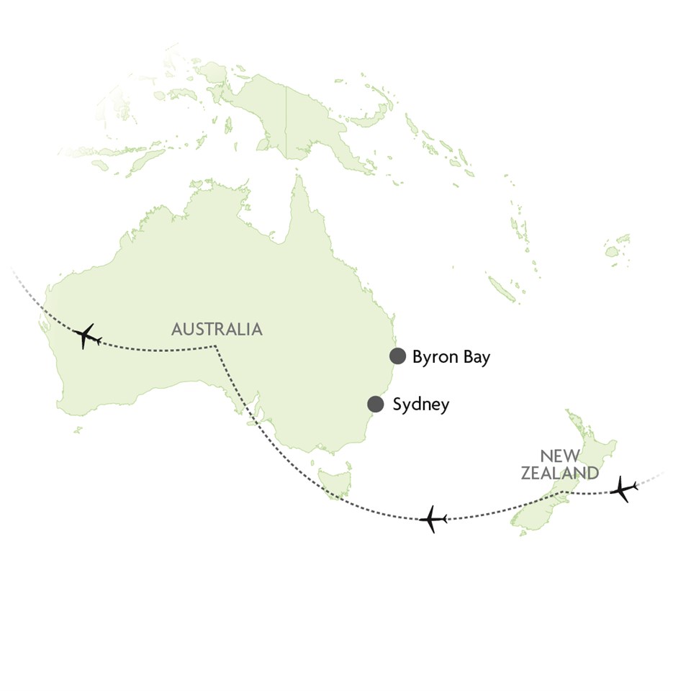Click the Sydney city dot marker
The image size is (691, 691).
375,404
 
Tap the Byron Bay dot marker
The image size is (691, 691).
397,356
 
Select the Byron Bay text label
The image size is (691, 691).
451,357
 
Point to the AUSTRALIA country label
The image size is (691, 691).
217,330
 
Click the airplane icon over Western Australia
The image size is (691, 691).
86,335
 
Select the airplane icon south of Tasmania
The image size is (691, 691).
432,519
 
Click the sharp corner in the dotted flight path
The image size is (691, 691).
215,347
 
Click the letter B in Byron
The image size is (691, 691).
417,357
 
